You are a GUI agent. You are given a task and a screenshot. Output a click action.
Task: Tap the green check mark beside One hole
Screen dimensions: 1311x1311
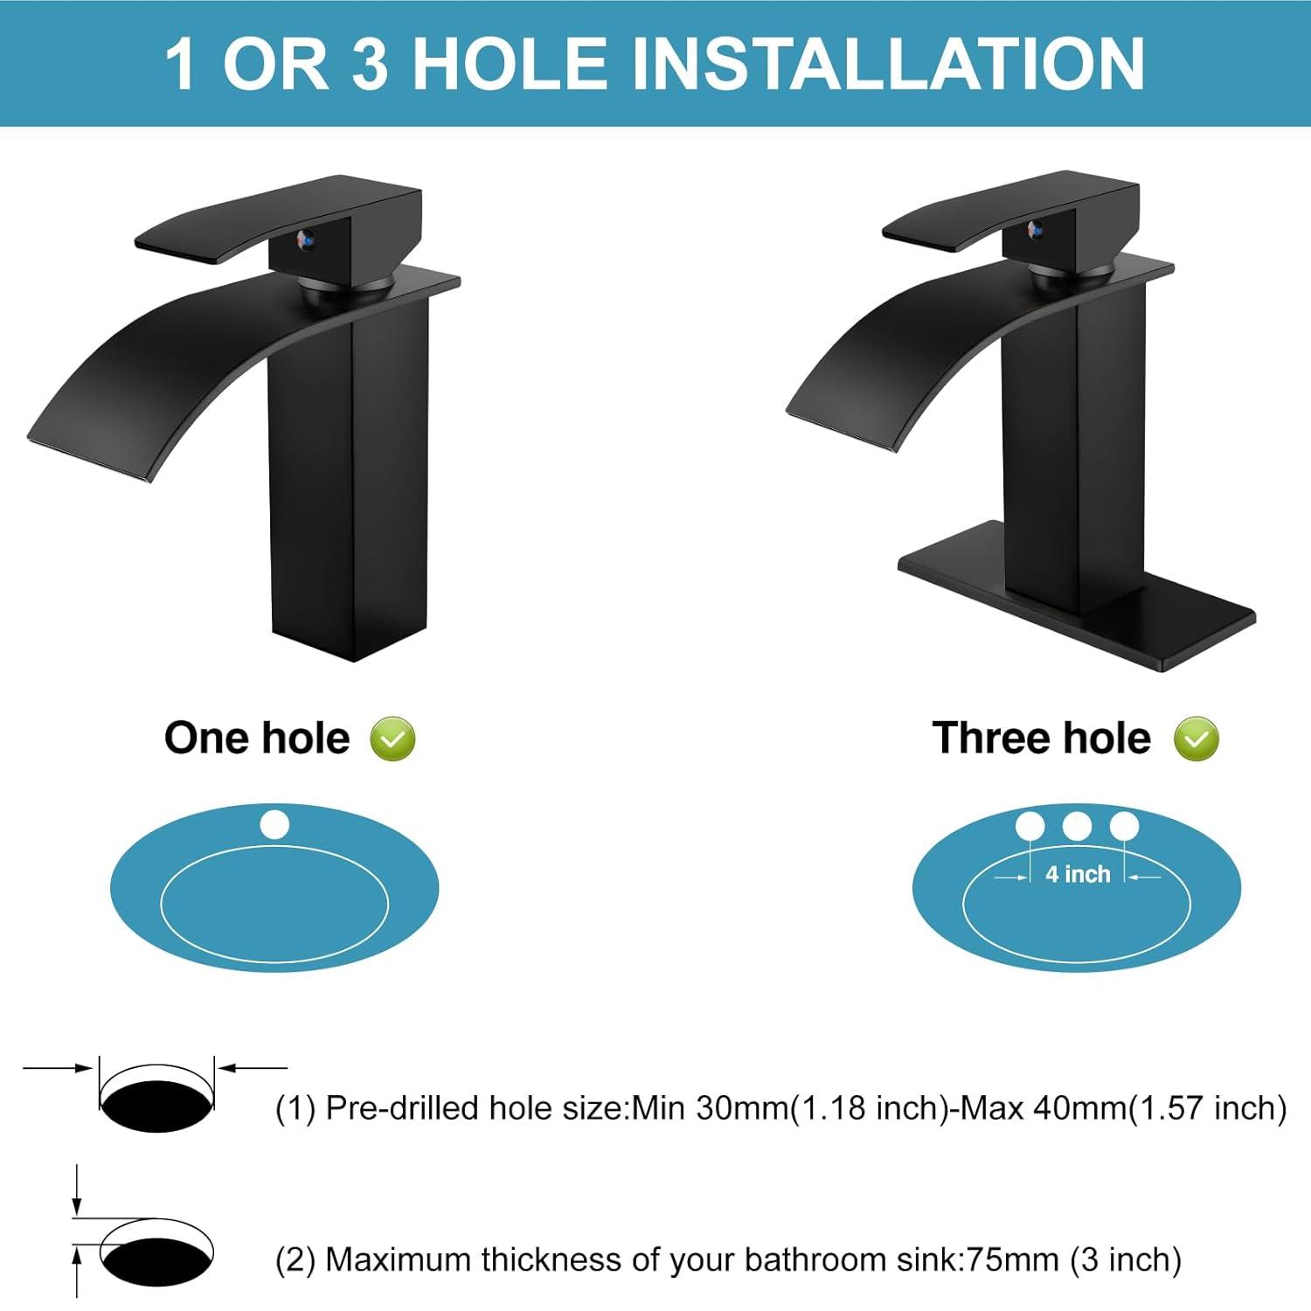392,739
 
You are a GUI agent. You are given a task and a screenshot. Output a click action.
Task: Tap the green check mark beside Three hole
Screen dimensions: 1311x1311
1196,739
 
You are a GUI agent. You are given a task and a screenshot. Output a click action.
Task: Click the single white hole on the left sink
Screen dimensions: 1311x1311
274,825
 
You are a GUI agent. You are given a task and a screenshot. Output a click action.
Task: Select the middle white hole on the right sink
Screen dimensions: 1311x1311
1077,826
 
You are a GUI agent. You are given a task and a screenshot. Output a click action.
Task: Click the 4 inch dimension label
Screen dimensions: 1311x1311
1078,874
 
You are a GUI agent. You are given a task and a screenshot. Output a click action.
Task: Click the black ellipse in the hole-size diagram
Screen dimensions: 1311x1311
157,1106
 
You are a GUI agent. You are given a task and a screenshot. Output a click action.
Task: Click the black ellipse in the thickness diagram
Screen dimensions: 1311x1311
157,1259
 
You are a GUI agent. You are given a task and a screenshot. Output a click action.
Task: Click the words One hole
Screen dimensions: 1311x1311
257,739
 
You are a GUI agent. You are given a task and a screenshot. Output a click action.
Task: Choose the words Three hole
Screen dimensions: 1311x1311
1041,739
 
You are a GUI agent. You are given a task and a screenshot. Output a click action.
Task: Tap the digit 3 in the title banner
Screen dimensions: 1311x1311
371,63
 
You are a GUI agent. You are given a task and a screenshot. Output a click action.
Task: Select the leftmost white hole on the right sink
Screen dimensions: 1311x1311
1030,826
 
